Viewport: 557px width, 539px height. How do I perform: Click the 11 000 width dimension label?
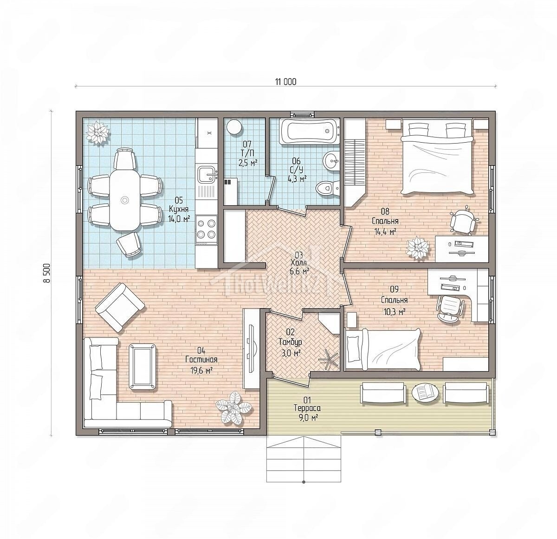coord(285,82)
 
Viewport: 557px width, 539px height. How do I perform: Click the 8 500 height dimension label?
coord(47,273)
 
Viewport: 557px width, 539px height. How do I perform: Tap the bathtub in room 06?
coord(310,132)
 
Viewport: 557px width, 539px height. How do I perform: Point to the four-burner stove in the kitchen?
coord(207,229)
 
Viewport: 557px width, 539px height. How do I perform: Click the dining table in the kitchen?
coord(124,200)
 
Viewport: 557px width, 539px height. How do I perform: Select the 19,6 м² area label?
coord(201,371)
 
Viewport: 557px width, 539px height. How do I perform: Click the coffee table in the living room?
coord(143,366)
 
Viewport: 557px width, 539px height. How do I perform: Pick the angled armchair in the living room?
coord(120,307)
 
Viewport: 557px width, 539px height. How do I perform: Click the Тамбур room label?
coord(290,342)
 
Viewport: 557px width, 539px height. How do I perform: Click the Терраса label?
coord(307,408)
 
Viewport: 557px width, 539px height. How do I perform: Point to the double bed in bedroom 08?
coord(437,157)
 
